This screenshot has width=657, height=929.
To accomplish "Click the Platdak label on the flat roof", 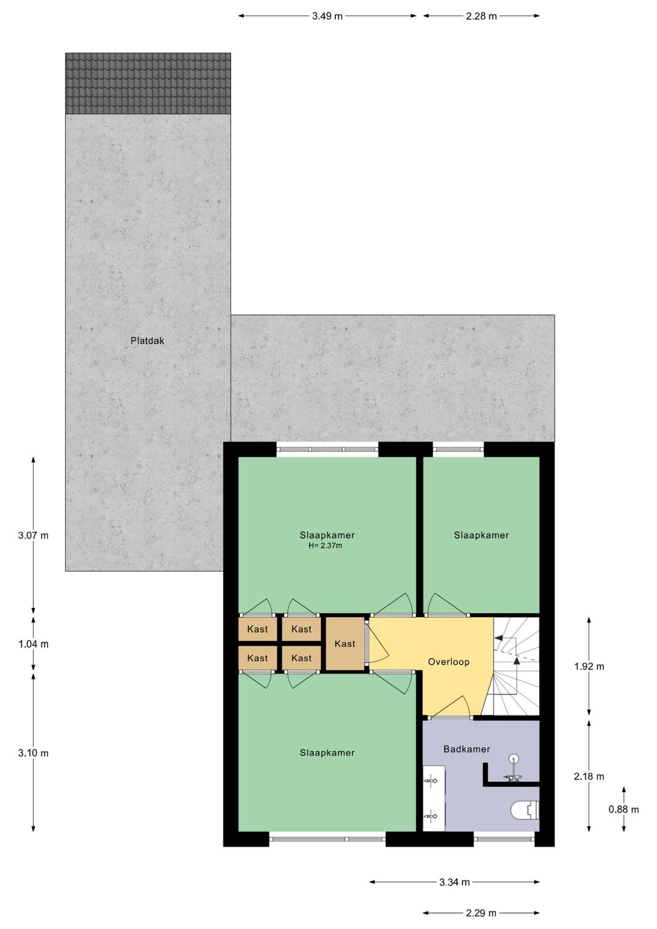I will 147,341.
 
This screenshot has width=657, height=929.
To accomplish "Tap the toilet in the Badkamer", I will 525,810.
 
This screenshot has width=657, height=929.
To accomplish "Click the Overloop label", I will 448,662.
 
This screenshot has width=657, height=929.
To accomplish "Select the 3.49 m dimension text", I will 327,16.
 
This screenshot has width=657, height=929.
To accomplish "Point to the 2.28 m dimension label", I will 481,16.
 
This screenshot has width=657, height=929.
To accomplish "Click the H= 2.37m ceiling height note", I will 325,546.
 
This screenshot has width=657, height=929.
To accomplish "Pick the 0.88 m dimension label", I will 624,809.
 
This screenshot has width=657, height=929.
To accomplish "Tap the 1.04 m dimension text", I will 33,644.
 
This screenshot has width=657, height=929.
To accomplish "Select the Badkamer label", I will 467,749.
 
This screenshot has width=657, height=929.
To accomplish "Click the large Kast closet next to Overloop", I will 345,644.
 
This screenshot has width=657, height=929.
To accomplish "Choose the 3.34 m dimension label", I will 454,882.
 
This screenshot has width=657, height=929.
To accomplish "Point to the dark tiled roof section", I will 148,83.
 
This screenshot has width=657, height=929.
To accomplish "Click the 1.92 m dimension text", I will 589,666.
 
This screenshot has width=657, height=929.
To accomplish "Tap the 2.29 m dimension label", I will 481,913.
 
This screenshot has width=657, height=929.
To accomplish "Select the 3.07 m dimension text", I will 33,535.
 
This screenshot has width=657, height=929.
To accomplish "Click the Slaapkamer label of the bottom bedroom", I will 327,753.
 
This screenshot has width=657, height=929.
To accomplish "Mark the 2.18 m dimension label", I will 589,776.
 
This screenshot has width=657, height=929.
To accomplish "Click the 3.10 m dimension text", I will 33,753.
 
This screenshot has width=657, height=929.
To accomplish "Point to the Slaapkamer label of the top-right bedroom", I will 481,535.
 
